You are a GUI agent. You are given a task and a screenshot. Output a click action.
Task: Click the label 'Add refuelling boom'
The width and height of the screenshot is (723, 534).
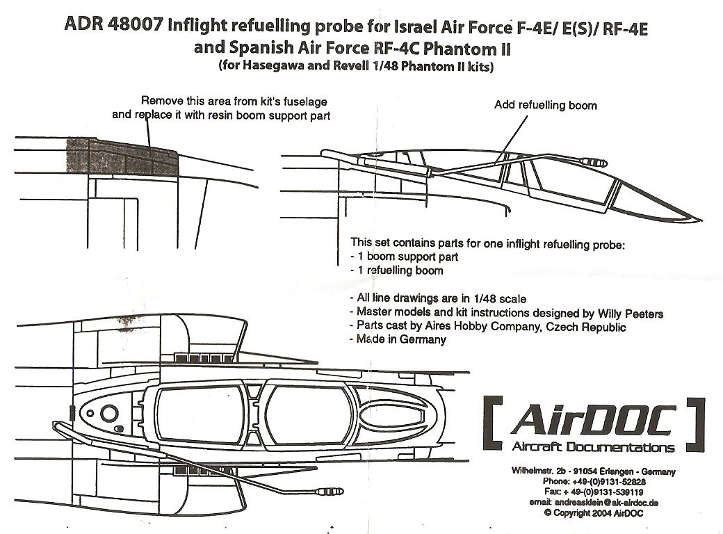point(545,105)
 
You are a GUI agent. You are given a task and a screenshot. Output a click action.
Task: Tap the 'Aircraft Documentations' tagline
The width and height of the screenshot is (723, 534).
point(592,447)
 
